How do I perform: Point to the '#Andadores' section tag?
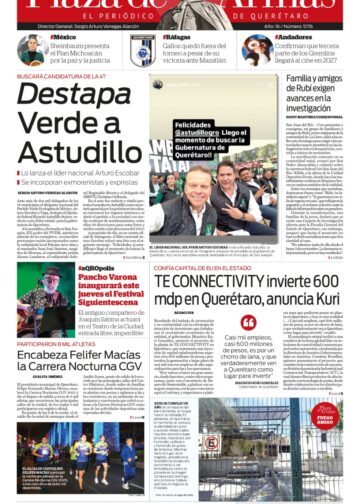(293, 37)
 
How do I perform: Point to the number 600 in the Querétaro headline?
(325, 282)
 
